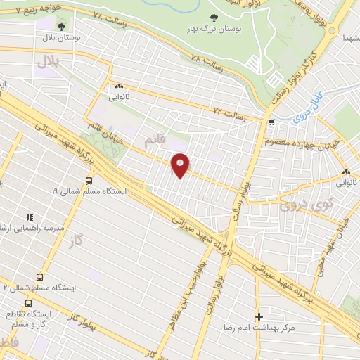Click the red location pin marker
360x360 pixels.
181,165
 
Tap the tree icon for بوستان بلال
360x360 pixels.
63,25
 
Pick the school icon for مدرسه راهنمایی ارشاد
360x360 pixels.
30,219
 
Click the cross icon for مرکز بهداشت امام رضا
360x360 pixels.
259,317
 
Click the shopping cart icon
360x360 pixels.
271,122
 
